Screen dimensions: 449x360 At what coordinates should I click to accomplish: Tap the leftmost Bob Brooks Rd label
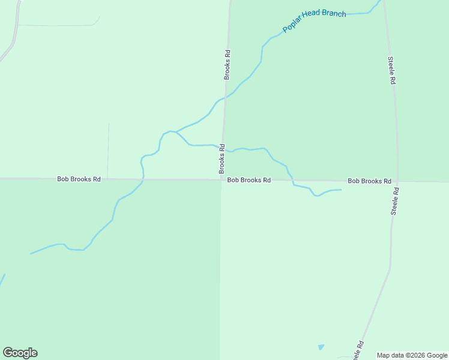tap(79, 179)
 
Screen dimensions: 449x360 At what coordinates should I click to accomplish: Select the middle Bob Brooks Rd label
tap(249, 179)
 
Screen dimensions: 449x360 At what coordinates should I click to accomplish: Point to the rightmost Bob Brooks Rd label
tap(369, 181)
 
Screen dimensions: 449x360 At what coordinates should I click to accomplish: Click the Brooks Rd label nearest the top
tap(228, 65)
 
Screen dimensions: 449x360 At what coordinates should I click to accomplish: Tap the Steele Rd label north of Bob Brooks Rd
tap(391, 70)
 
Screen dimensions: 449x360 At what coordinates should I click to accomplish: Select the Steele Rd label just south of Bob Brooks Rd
tap(395, 201)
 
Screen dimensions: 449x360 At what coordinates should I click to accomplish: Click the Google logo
tap(20, 353)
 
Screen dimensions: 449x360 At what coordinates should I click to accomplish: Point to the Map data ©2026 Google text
tap(412, 355)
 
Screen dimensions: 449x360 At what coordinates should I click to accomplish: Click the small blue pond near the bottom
tap(321, 347)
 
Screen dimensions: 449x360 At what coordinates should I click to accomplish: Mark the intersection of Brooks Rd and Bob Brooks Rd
tap(221, 179)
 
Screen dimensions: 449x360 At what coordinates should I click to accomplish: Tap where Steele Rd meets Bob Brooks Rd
tap(397, 181)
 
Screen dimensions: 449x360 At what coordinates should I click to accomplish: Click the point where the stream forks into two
tap(175, 131)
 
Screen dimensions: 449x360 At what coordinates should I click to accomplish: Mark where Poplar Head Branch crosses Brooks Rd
tap(225, 98)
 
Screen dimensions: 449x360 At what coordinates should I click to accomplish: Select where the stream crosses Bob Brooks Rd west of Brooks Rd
tap(143, 179)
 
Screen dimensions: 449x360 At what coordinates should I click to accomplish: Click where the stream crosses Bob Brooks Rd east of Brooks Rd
tap(292, 180)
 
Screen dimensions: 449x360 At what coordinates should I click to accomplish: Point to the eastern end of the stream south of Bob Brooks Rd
tap(341, 190)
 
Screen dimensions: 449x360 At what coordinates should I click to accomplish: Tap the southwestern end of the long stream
tap(31, 254)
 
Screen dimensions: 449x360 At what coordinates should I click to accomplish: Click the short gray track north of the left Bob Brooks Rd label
tap(108, 150)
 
